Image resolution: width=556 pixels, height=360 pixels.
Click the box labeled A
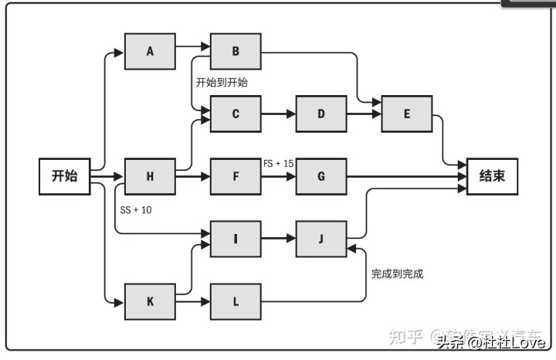[150, 52]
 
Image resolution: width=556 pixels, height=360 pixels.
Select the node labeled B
[236, 52]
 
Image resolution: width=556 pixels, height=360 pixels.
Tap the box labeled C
[236, 114]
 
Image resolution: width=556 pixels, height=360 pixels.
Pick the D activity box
[321, 114]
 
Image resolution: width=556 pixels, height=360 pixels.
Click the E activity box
[406, 114]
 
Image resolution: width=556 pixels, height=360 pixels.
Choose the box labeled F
[236, 176]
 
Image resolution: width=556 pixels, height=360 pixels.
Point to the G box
[321, 176]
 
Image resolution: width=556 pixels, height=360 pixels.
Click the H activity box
[150, 176]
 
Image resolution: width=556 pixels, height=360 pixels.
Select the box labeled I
[236, 238]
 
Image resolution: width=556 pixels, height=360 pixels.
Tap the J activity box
[321, 238]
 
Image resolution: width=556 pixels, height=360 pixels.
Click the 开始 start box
[64, 176]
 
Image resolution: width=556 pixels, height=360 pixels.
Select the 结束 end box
[492, 176]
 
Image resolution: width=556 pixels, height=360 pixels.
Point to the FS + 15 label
[278, 163]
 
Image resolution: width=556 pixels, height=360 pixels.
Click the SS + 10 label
[136, 210]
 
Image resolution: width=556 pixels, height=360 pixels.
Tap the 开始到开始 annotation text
[222, 82]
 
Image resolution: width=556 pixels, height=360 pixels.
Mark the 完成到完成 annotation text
[397, 273]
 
